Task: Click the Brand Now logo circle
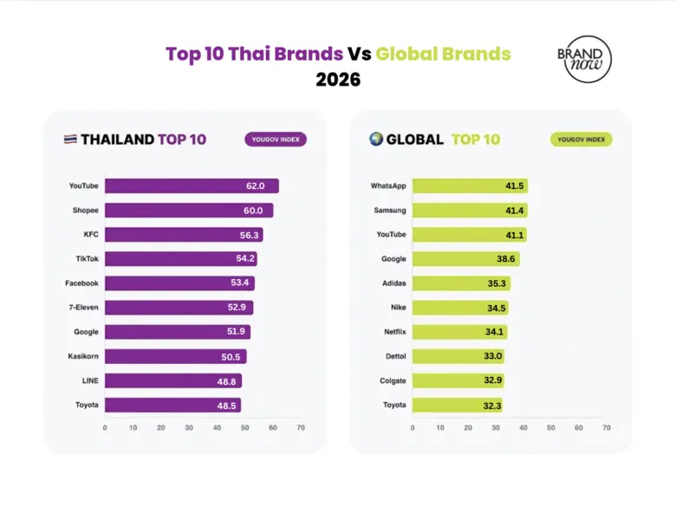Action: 583,59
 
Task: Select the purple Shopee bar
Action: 189,211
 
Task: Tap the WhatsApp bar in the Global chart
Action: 469,186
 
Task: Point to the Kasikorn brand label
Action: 83,356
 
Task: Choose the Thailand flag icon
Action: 70,140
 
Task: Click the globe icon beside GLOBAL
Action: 376,139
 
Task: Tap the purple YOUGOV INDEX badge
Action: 275,139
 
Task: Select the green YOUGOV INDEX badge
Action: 581,139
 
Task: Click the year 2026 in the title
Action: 338,80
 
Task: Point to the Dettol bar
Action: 458,356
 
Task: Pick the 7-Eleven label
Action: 83,308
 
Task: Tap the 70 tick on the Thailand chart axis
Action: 301,427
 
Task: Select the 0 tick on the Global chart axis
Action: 413,427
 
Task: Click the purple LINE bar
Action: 172,380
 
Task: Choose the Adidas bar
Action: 461,283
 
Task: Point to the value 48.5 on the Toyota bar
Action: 228,405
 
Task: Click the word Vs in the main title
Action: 359,54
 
